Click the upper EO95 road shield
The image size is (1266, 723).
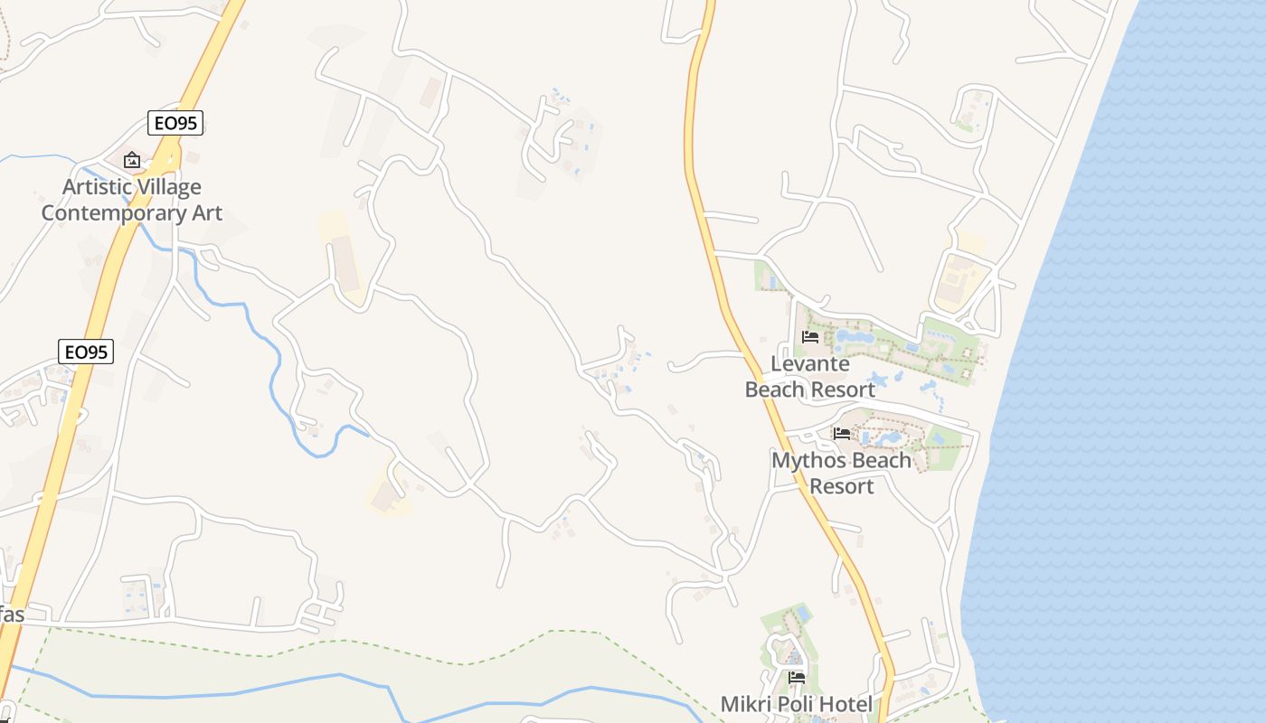[x=175, y=123]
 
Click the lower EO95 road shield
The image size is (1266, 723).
[x=86, y=352]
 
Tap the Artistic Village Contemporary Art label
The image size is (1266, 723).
[x=132, y=200]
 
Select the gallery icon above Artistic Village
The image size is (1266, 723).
[x=132, y=160]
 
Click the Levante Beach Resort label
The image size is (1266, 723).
[x=809, y=377]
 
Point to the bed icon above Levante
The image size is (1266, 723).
[x=810, y=337]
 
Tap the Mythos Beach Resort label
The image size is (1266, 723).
[x=841, y=473]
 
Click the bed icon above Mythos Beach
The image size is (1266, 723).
[x=842, y=433]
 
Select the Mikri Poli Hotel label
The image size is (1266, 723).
[x=796, y=704]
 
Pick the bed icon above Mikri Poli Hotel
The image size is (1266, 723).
[x=796, y=677]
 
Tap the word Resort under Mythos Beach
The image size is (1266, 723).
[x=841, y=486]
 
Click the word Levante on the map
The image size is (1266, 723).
[x=809, y=364]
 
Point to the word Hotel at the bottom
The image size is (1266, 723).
[x=845, y=704]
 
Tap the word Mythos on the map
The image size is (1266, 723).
[x=808, y=460]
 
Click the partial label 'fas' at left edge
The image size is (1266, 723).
[x=11, y=615]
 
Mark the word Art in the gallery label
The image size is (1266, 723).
[x=206, y=213]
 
